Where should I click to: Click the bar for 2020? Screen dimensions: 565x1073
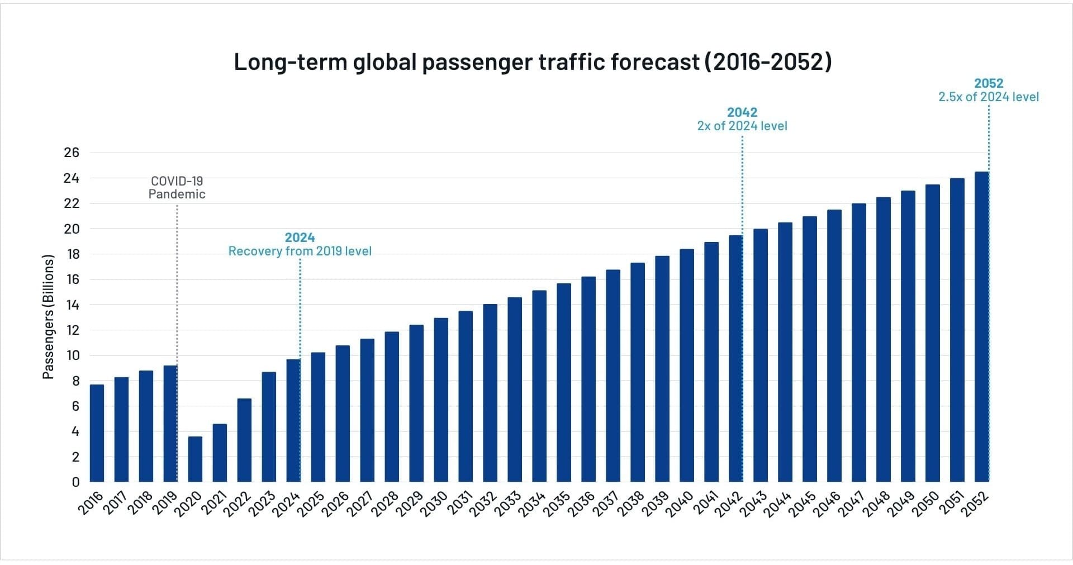pos(195,459)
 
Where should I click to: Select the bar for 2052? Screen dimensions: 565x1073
pos(981,327)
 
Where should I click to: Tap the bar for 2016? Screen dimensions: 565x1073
pos(97,433)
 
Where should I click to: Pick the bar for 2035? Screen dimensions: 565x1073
pos(564,383)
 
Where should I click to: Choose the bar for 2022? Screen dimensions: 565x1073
pos(244,440)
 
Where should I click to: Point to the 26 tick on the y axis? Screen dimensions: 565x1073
pos(72,153)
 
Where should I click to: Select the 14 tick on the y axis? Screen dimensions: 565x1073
pos(72,305)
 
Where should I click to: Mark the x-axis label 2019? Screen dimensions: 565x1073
pos(165,503)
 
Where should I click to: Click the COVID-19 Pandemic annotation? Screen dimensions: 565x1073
pos(177,188)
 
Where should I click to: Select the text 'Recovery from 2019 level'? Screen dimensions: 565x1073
pos(300,251)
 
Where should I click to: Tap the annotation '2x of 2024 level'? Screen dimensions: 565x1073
pos(742,126)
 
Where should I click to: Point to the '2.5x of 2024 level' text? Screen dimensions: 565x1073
pos(988,97)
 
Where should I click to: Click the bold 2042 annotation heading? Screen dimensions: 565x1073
pos(742,112)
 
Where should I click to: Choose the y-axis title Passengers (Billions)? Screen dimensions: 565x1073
pos(49,317)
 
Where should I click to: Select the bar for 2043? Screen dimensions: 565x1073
pos(760,355)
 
